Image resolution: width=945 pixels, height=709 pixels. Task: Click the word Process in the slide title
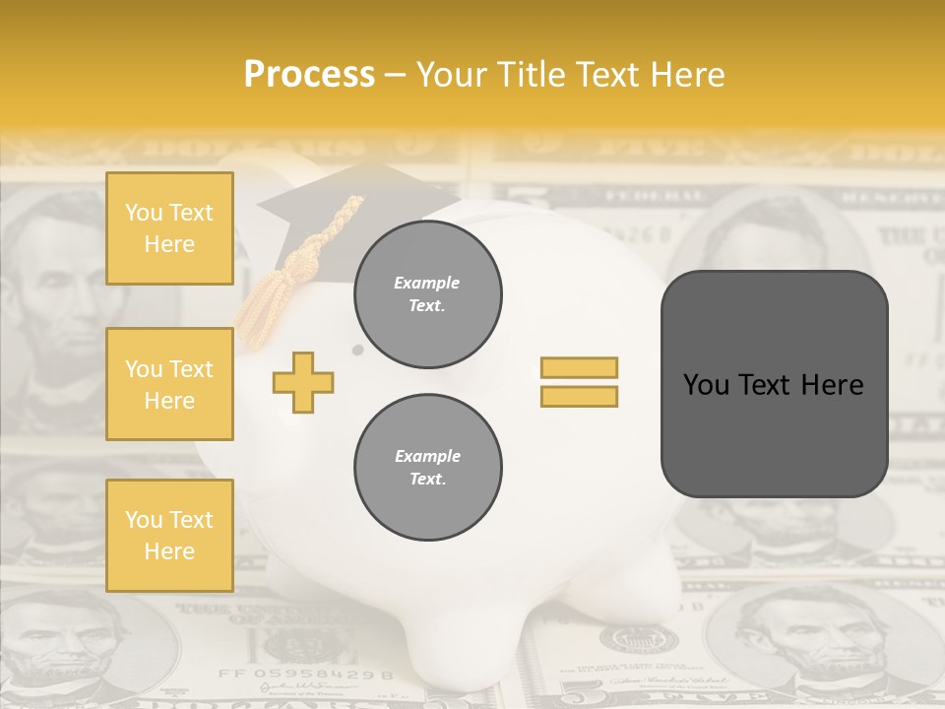pos(309,75)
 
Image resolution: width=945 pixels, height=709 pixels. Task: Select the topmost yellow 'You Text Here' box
pos(169,228)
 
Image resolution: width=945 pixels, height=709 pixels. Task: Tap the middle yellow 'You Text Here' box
pos(169,384)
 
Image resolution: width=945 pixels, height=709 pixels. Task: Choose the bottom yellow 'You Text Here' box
pos(169,536)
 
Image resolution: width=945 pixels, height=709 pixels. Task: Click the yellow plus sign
pos(303,382)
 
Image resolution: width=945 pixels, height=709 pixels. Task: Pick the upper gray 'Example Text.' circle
pos(428,293)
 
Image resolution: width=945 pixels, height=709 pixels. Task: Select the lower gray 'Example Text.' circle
pos(428,467)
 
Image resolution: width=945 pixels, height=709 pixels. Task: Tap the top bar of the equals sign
pos(579,367)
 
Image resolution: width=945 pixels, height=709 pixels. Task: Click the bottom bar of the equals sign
pos(579,396)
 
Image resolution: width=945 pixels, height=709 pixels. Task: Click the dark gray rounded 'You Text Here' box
pos(774,384)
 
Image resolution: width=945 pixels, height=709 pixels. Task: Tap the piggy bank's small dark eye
pos(357,350)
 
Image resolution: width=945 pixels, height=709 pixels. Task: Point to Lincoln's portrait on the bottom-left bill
pos(59,640)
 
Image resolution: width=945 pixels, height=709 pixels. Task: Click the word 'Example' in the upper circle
pos(427,283)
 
